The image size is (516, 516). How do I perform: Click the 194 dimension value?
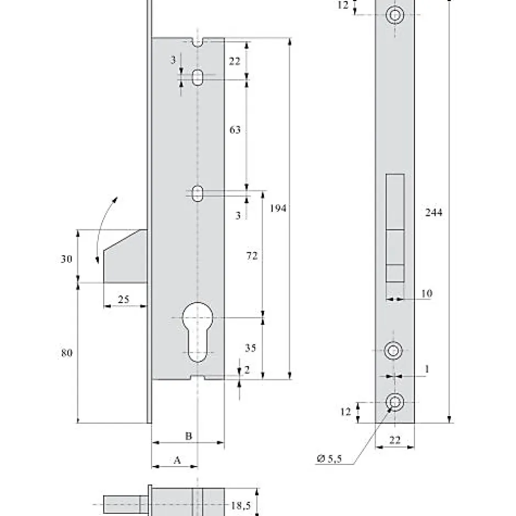pyautogui.click(x=278, y=209)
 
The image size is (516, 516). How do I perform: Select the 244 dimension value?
pyautogui.click(x=434, y=212)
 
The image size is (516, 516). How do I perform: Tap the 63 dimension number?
pyautogui.click(x=234, y=130)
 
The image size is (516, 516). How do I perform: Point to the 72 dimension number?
pyautogui.click(x=252, y=256)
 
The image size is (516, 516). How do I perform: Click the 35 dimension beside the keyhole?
pyautogui.click(x=250, y=348)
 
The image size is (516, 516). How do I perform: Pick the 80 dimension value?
pyautogui.click(x=66, y=353)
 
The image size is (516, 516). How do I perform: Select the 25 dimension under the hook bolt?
pyautogui.click(x=124, y=299)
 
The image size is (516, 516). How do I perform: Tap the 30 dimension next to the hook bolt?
pyautogui.click(x=66, y=260)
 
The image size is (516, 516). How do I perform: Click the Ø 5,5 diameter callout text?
pyautogui.click(x=330, y=459)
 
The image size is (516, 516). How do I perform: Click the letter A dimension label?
pyautogui.click(x=177, y=461)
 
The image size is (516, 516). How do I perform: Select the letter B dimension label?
pyautogui.click(x=188, y=436)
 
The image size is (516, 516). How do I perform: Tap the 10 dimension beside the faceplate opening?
pyautogui.click(x=427, y=294)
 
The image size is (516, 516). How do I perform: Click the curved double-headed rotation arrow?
pyautogui.click(x=105, y=231)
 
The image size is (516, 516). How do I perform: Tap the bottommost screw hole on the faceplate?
pyautogui.click(x=394, y=402)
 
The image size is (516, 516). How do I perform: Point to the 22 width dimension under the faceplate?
pyautogui.click(x=394, y=439)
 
